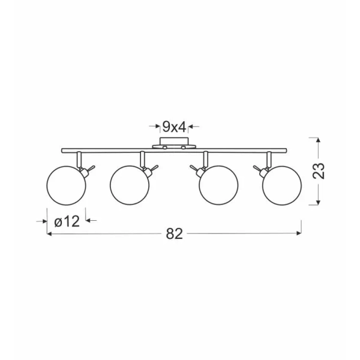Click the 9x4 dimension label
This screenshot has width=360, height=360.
click(174, 127)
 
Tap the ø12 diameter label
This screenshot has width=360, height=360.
click(67, 221)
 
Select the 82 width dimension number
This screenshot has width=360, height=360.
click(174, 234)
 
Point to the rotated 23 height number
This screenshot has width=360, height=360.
click(319, 171)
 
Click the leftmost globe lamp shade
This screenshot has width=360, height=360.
click(66, 185)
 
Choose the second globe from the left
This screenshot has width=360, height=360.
click(130, 185)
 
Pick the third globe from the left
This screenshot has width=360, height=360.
click(218, 185)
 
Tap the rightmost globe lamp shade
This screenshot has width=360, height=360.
click(282, 185)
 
